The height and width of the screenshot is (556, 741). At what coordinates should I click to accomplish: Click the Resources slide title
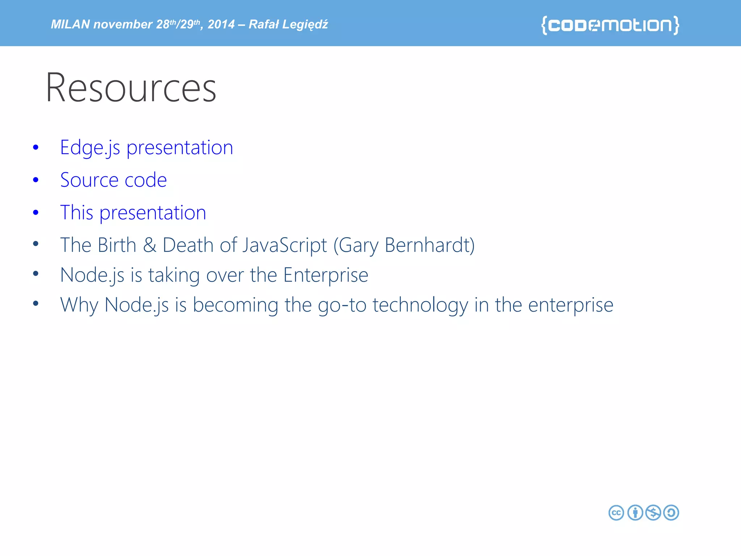tap(131, 88)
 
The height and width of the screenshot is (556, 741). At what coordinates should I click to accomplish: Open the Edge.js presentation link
tap(147, 148)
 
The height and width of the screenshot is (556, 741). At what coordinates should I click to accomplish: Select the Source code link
tap(114, 180)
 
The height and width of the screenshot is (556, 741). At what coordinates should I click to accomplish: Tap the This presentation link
tap(133, 212)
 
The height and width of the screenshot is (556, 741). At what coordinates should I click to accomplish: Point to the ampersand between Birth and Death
tap(149, 245)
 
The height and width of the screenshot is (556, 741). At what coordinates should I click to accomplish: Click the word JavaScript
tap(285, 245)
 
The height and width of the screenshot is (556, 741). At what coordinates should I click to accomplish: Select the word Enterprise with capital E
tap(326, 275)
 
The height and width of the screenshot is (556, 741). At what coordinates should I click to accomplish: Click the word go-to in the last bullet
tap(342, 305)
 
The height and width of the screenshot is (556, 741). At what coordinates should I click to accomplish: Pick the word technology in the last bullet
tap(420, 305)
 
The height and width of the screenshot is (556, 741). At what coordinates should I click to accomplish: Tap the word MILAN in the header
tap(70, 24)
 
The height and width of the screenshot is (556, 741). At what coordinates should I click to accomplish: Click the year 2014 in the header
tap(221, 24)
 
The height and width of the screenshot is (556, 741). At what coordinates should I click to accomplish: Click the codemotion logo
tap(610, 25)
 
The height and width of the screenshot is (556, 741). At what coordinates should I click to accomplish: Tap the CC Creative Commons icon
tap(616, 513)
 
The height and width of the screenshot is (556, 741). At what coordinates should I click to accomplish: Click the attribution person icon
tap(635, 513)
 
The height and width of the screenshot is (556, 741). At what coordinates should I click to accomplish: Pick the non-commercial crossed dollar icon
tap(653, 513)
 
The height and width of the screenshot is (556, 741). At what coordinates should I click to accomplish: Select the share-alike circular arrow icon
tap(671, 513)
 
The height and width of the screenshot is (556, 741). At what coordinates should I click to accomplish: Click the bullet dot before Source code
tap(35, 180)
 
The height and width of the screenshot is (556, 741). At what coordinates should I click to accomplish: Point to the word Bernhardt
tap(429, 245)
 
